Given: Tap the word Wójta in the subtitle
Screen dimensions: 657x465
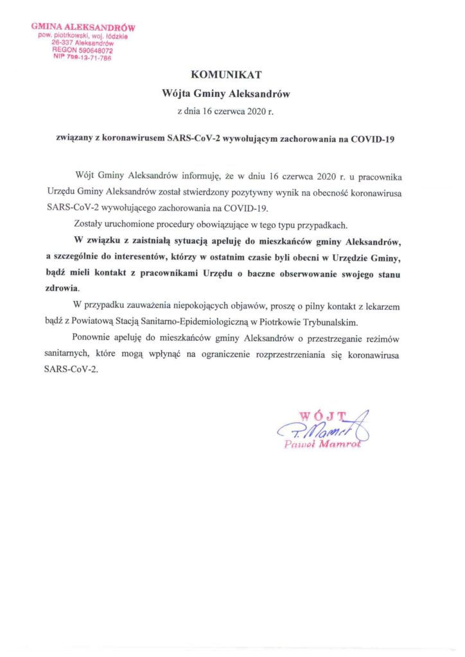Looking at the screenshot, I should tap(177, 93).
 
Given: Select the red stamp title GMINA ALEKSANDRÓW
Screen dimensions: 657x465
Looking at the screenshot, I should tap(83, 28).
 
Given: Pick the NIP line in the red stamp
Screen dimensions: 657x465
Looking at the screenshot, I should tap(83, 57).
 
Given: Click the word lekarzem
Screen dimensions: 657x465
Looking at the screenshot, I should tap(382, 307).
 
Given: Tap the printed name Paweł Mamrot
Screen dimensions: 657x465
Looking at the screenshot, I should tap(322, 446).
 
